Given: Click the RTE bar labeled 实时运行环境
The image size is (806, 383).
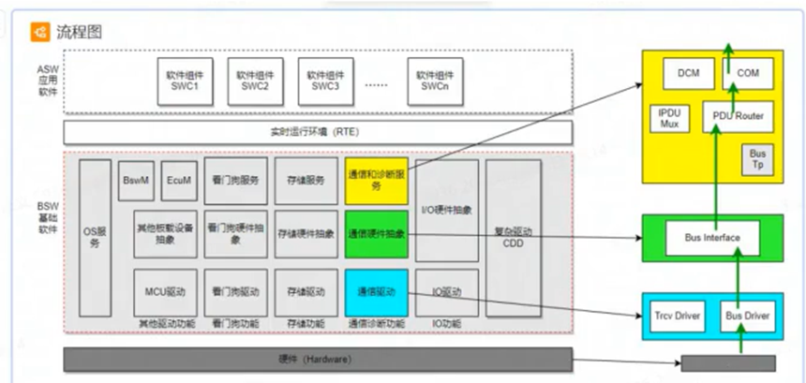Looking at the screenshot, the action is click(x=318, y=132).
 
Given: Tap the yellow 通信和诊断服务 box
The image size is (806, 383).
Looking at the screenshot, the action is click(x=376, y=180).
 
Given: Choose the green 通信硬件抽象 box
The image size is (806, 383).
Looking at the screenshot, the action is click(x=376, y=233).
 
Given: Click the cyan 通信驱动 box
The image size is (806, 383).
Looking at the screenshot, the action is click(x=376, y=291).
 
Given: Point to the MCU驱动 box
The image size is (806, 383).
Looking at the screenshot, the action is click(x=165, y=291).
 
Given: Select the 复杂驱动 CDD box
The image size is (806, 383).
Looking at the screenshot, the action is click(x=513, y=238).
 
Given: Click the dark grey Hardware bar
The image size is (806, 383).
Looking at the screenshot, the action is click(x=318, y=359).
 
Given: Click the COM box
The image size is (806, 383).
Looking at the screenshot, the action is click(x=747, y=73).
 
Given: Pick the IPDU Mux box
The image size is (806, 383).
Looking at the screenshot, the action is click(x=669, y=116).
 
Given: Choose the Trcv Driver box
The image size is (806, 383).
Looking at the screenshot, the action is click(x=678, y=317).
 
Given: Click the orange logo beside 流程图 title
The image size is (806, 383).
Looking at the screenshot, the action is click(x=41, y=31).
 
